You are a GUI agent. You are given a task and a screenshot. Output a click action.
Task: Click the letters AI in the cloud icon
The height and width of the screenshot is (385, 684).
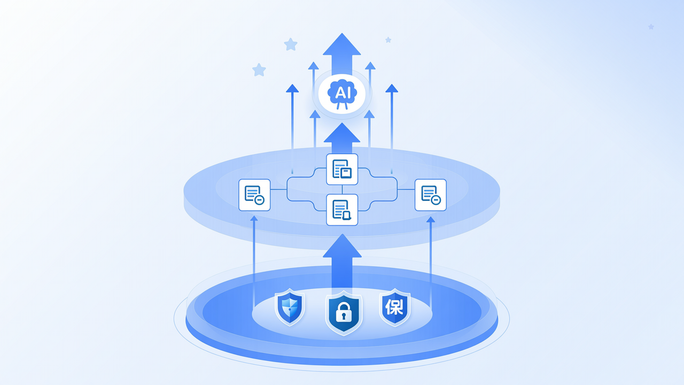click(x=343, y=93)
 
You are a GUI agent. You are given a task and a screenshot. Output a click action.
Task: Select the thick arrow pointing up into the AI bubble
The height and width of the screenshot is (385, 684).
click(x=341, y=138)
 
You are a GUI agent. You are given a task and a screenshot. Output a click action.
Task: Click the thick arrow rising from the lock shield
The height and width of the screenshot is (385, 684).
click(x=342, y=262)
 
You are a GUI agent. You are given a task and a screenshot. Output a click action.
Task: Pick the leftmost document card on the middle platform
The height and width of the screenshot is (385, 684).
click(x=254, y=195)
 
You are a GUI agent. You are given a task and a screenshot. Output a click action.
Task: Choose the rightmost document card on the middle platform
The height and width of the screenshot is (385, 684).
click(x=431, y=195)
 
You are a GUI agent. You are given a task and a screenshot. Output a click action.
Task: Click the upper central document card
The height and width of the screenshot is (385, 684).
click(x=342, y=170)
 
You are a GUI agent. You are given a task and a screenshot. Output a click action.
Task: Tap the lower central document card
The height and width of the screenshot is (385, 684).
click(x=342, y=210)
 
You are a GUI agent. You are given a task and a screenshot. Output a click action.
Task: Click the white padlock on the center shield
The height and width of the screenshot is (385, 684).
click(x=344, y=312)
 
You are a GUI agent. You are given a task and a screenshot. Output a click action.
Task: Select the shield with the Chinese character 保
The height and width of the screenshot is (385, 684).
click(x=394, y=307)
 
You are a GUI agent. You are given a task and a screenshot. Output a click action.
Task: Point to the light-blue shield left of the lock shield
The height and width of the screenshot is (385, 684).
click(x=290, y=307)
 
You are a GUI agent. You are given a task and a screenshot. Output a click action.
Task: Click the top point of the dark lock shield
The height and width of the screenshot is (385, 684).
click(x=344, y=291)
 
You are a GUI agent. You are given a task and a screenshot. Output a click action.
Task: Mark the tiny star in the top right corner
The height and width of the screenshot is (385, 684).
click(x=651, y=27)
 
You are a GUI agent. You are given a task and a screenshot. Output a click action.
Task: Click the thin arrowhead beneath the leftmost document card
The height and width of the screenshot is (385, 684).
click(x=254, y=218)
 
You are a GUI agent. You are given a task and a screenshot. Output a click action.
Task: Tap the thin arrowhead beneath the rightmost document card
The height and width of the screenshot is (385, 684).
click(x=431, y=219)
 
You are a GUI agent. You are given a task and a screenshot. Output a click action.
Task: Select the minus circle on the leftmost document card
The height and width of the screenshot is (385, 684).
click(x=260, y=200)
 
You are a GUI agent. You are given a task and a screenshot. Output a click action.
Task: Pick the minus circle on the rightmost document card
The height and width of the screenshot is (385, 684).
click(x=436, y=200)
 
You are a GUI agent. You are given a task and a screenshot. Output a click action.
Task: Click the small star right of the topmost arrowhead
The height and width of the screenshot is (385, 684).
click(x=388, y=40)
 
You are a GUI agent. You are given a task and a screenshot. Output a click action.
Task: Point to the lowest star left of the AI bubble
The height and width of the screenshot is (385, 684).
click(x=259, y=70)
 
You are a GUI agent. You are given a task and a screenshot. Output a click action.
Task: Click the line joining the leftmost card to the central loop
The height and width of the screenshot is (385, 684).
click(x=278, y=189)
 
